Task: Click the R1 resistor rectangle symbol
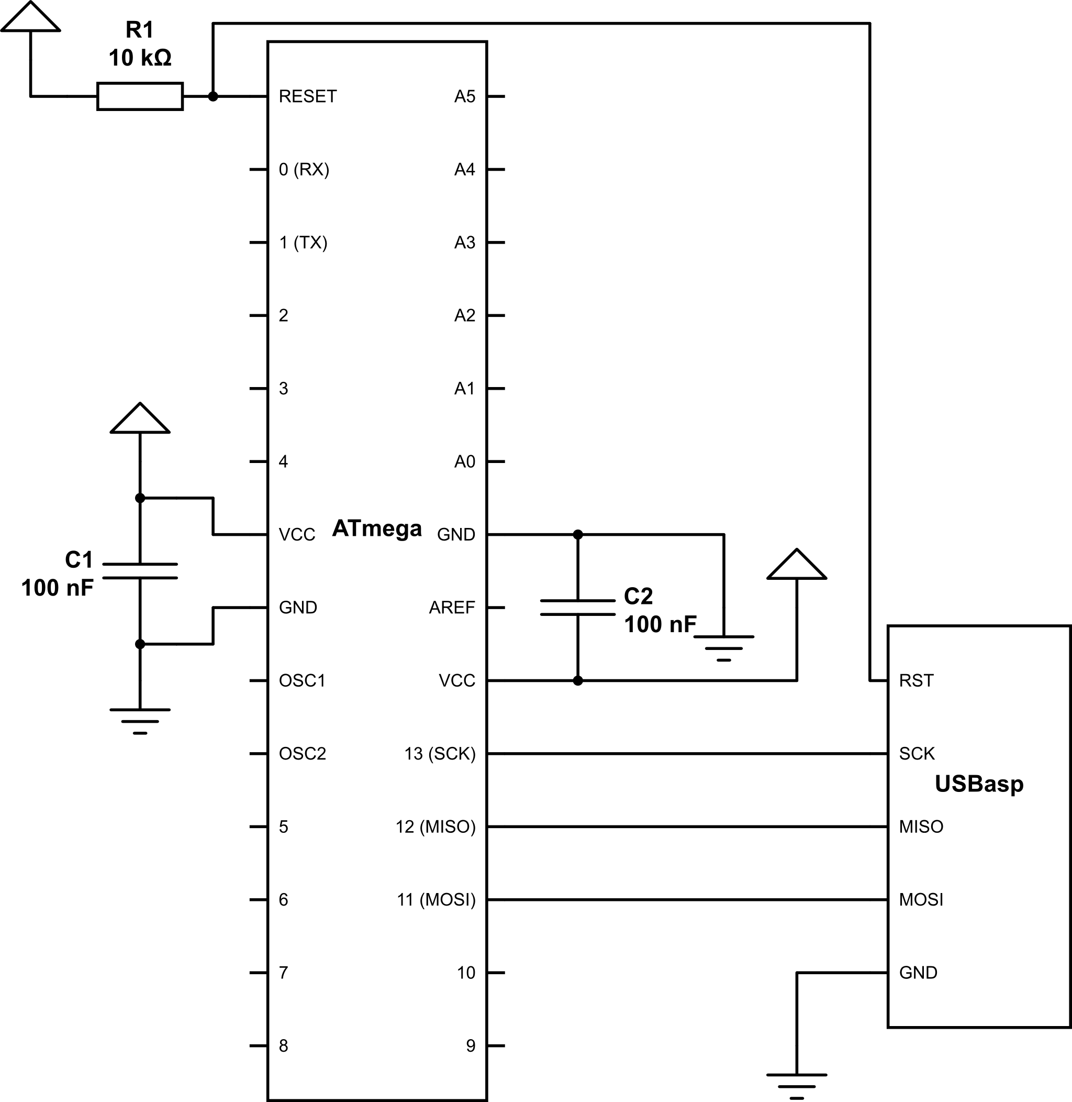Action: click(x=140, y=96)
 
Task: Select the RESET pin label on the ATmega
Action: click(x=307, y=96)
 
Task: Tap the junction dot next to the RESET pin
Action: click(x=213, y=96)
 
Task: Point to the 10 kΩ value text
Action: click(x=140, y=58)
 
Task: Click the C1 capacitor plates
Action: click(x=140, y=571)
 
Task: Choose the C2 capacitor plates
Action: click(x=578, y=608)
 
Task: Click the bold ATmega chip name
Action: click(x=377, y=528)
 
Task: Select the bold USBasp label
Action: click(x=979, y=784)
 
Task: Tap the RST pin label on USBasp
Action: click(x=916, y=680)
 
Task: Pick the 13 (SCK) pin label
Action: click(x=440, y=754)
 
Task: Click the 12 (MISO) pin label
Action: click(x=435, y=826)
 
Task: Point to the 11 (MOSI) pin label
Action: click(x=437, y=900)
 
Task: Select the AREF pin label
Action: click(x=452, y=608)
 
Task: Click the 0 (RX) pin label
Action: click(x=304, y=170)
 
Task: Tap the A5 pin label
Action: click(x=464, y=96)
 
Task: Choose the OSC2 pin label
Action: click(x=303, y=754)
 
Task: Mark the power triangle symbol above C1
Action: click(x=140, y=418)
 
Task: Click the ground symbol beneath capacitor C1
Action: click(x=140, y=721)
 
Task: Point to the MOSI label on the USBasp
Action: click(x=921, y=900)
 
